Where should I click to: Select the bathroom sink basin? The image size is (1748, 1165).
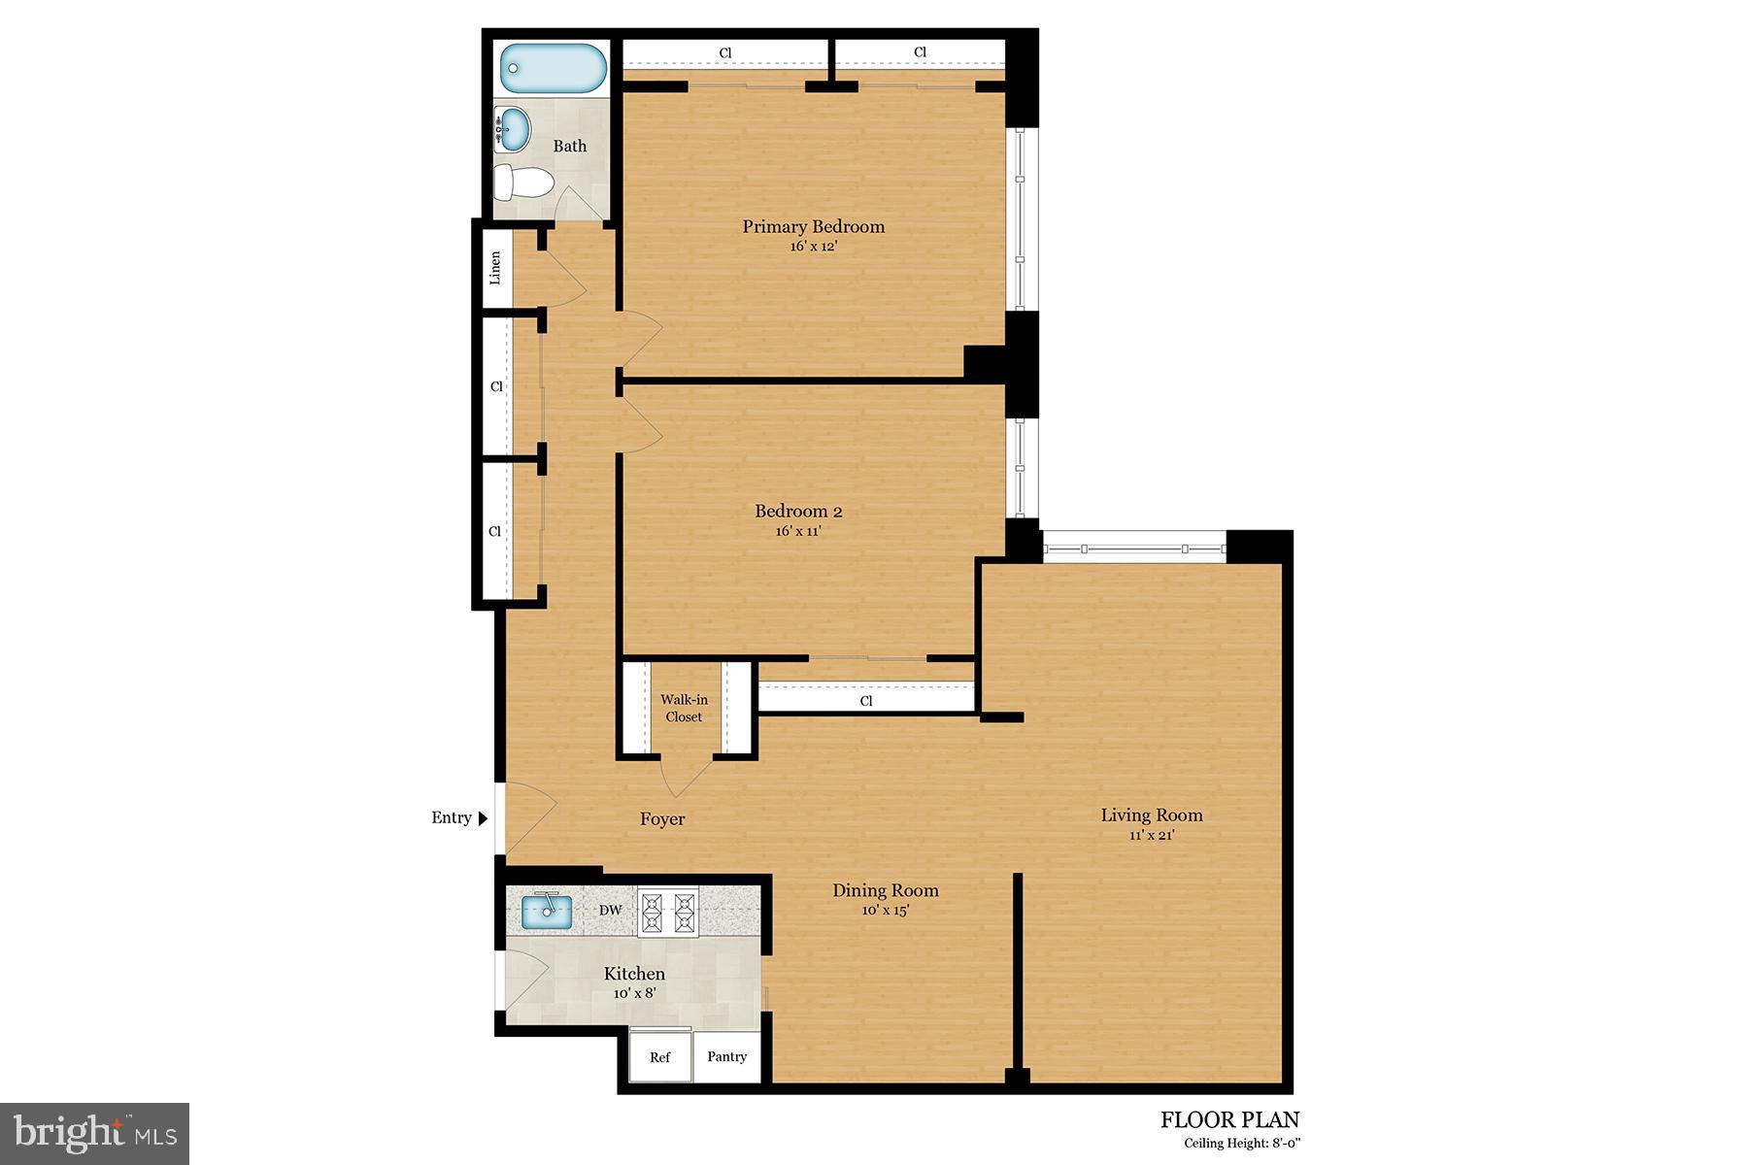[514, 128]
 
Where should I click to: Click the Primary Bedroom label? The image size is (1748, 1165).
[813, 226]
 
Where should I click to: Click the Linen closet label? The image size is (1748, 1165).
[495, 267]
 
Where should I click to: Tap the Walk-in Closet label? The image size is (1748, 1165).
[684, 708]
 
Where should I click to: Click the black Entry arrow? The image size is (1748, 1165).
[483, 818]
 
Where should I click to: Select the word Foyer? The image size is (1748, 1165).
[662, 819]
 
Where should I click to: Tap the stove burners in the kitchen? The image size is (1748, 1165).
[668, 912]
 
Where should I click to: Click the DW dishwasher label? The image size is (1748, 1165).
[610, 911]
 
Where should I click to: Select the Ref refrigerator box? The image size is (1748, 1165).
[659, 1056]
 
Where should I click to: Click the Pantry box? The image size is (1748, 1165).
[726, 1056]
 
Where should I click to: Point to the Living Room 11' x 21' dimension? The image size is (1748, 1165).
[1151, 835]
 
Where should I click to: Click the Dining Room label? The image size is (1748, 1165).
[885, 890]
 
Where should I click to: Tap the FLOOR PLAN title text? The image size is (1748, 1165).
[1228, 1120]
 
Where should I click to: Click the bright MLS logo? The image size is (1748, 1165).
[95, 1133]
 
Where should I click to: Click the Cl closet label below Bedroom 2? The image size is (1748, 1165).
[866, 700]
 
